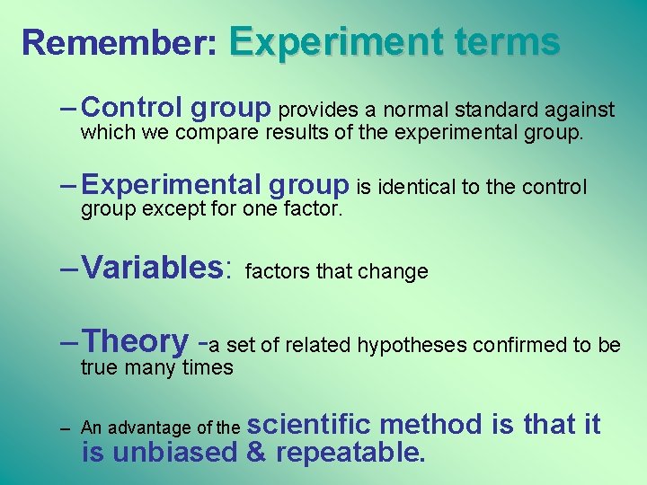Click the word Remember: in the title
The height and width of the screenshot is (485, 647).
coord(120,42)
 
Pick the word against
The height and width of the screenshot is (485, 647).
coord(581,110)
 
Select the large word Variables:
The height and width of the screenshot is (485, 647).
coord(157,267)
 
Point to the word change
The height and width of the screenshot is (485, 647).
coord(398,271)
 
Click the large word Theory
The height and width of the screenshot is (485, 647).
coord(135,341)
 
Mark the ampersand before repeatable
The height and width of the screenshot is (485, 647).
coord(255,452)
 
